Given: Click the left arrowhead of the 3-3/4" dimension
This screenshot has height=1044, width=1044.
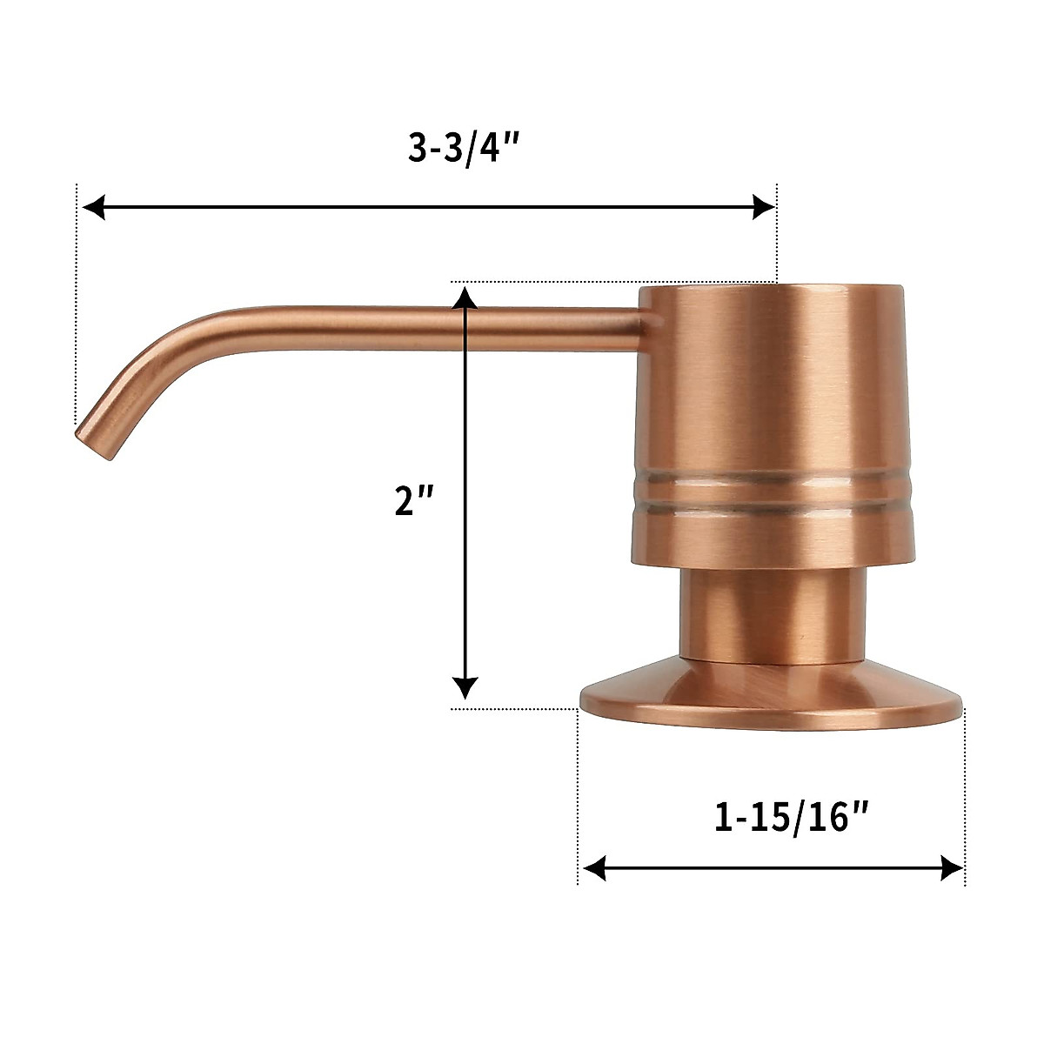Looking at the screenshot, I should (92, 207).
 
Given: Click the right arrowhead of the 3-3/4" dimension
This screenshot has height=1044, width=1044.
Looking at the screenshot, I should (763, 207).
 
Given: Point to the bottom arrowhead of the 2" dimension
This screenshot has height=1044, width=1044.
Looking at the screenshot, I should (466, 687).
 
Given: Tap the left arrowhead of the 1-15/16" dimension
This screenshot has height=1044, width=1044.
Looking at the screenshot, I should (594, 867).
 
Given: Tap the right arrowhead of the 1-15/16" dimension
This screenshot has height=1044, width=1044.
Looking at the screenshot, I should (952, 867).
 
